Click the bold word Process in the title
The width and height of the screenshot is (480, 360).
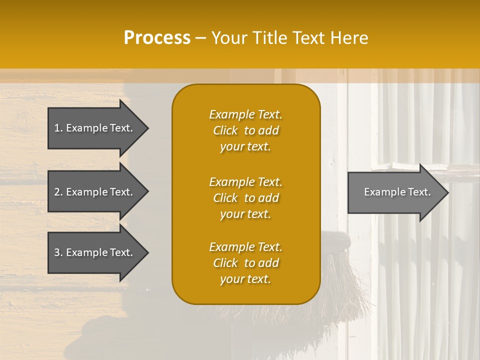(x=157, y=38)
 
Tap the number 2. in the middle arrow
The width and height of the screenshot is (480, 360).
(x=58, y=192)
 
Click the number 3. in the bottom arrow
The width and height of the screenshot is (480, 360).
(x=58, y=252)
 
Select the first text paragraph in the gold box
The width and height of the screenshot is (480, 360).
(x=245, y=130)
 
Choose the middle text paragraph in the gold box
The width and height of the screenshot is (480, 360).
(x=245, y=198)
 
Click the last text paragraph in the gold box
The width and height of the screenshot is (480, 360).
(x=245, y=263)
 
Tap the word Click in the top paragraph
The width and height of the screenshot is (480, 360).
(x=225, y=130)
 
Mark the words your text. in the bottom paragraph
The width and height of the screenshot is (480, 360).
(x=245, y=279)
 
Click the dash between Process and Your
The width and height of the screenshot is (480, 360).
(x=200, y=38)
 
